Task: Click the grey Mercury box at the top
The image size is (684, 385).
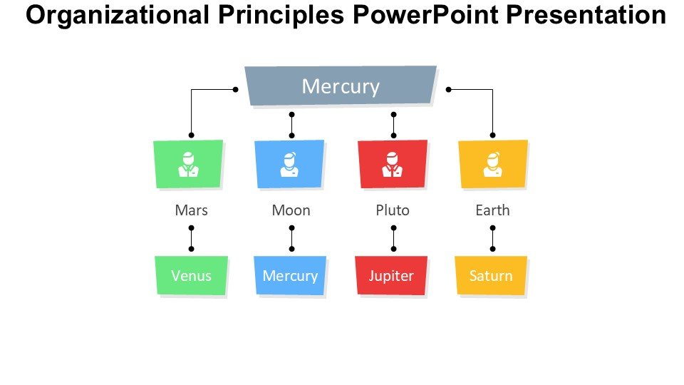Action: pos(341,86)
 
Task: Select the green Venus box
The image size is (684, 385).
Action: pos(191,275)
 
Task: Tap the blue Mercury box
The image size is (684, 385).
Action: pos(290,275)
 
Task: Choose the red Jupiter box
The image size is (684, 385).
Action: pos(391,275)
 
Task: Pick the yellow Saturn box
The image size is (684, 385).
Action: pos(491,275)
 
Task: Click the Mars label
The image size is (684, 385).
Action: pos(191,210)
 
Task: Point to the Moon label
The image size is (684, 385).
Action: pos(291,210)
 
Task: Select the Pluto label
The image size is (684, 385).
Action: pos(393,210)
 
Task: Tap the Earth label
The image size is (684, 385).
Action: pos(492,210)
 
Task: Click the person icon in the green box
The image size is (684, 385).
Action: pos(188,165)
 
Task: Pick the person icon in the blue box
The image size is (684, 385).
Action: pos(289,165)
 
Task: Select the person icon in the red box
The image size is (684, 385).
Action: pos(392,165)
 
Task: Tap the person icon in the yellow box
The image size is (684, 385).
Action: pos(492,165)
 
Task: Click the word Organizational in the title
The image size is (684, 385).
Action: pos(118,15)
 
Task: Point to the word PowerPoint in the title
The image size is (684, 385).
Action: pos(425,14)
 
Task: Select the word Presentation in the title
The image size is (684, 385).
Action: pos(586,14)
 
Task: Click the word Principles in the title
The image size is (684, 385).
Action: pos(281,15)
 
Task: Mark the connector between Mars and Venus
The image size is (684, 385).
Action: pos(191,238)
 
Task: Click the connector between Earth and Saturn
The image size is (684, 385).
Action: pos(492,238)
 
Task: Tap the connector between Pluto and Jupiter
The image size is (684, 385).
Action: pos(393,238)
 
